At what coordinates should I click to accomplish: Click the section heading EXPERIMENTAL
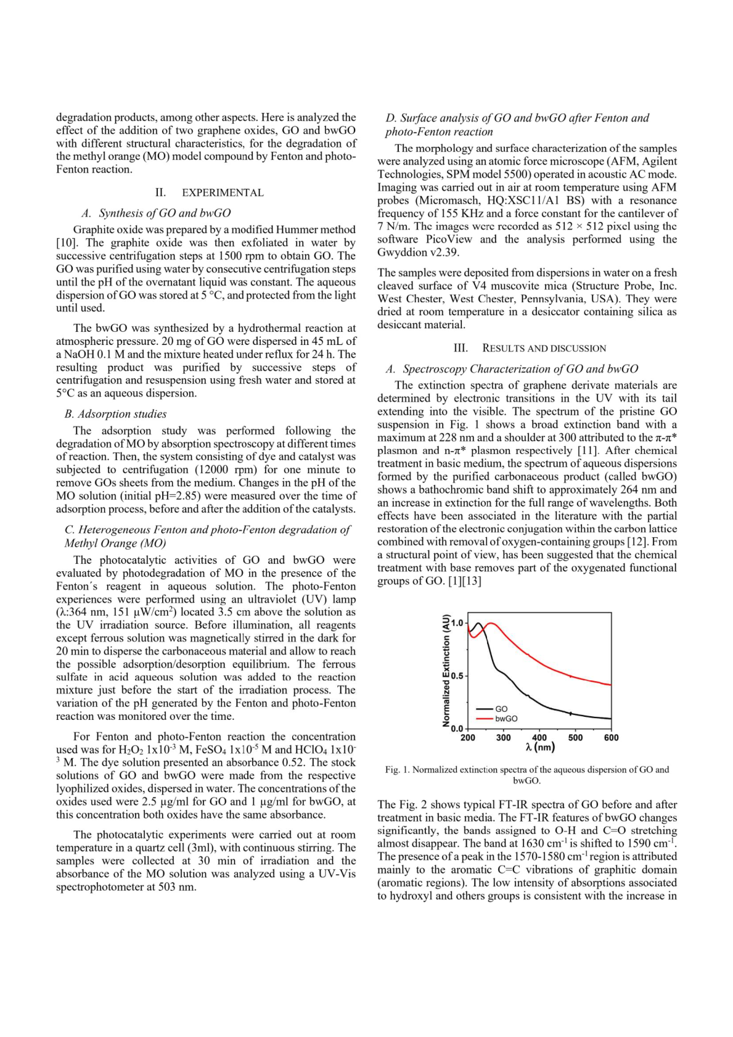(222, 193)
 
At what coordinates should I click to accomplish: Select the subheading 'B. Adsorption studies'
(115, 414)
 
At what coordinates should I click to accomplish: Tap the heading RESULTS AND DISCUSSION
(544, 349)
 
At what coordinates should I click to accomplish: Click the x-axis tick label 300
(503, 738)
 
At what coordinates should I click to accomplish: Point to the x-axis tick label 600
(611, 738)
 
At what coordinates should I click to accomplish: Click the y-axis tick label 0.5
(457, 676)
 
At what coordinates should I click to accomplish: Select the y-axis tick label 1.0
(457, 623)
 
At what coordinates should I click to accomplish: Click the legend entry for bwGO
(506, 719)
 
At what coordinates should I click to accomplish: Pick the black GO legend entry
(501, 709)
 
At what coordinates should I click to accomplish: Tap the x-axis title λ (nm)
(540, 748)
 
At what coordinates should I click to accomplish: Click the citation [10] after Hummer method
(66, 242)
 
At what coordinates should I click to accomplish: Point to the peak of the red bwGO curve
(491, 624)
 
